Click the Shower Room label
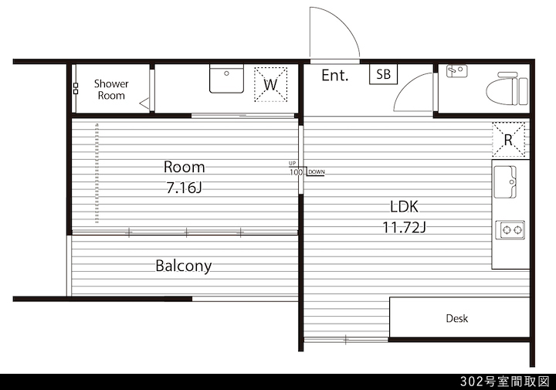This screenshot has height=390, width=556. (x=111, y=90)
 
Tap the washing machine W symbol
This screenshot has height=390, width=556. (x=270, y=85)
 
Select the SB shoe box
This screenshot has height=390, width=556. (x=383, y=74)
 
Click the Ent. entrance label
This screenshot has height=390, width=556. (x=334, y=75)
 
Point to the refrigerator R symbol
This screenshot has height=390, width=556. (x=508, y=140)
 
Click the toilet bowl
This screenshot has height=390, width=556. (x=507, y=90)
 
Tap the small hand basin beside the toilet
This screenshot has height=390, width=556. (x=456, y=71)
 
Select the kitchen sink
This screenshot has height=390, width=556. (x=505, y=182)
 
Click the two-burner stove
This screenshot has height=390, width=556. (x=510, y=229)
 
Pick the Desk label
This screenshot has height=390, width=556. (x=456, y=318)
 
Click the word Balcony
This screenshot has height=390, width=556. (x=184, y=266)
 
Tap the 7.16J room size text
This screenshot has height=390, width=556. (x=184, y=188)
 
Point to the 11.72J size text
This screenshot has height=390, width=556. (x=404, y=227)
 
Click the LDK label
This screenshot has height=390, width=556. (x=404, y=206)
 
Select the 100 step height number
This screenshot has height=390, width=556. (x=296, y=172)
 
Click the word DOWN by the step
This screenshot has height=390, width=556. (x=317, y=172)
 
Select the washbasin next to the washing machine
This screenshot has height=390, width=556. (x=226, y=78)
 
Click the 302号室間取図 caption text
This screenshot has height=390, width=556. (x=505, y=382)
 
